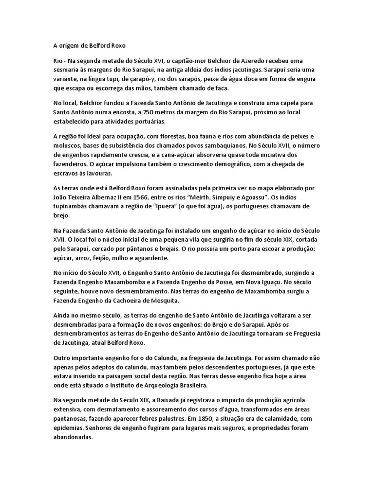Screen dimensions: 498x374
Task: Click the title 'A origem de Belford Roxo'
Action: coord(89,46)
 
